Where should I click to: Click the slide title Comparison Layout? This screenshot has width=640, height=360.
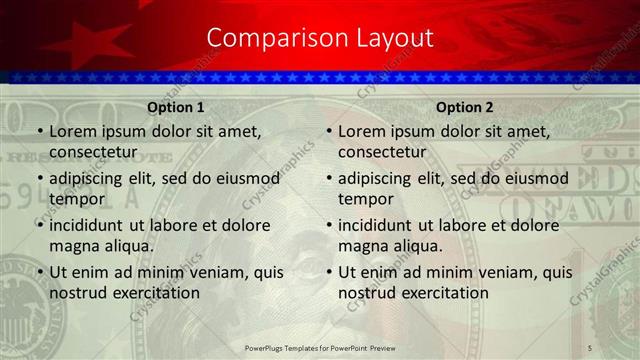pos(320,38)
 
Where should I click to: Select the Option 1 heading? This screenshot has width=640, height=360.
pos(176,107)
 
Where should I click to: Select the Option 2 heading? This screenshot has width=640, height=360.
pos(465,107)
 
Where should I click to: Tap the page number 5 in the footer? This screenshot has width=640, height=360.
pos(589,347)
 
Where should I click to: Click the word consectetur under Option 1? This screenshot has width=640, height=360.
pos(93,152)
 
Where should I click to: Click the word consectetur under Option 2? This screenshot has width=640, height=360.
pos(382,152)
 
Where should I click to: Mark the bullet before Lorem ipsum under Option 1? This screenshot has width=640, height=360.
pos(39,132)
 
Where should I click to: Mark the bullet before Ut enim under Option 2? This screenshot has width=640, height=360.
pos(328,272)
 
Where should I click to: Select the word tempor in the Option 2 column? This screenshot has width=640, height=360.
pos(366,199)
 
